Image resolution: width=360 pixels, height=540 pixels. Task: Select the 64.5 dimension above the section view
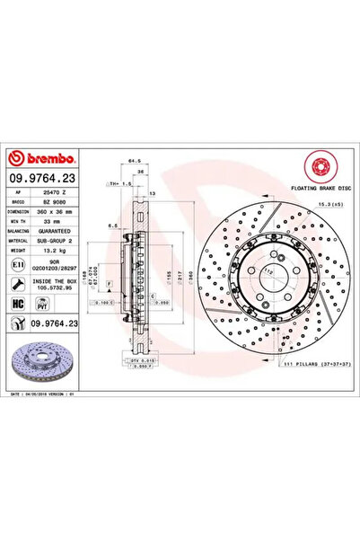click(x=132, y=162)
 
